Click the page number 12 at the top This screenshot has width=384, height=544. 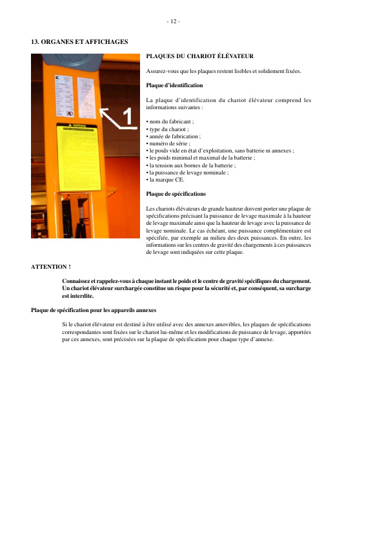172,21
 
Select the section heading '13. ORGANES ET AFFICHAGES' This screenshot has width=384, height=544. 79,42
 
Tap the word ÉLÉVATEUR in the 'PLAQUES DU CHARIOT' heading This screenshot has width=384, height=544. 235,56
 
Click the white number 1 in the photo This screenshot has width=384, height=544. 127,116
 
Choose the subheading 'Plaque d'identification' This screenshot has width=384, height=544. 174,85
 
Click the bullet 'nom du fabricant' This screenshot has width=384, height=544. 170,121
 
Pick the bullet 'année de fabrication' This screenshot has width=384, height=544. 174,136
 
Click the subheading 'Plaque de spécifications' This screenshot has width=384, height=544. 176,194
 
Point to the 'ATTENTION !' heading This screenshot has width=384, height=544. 51,266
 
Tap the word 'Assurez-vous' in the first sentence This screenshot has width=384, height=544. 162,71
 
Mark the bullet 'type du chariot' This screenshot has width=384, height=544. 168,129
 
